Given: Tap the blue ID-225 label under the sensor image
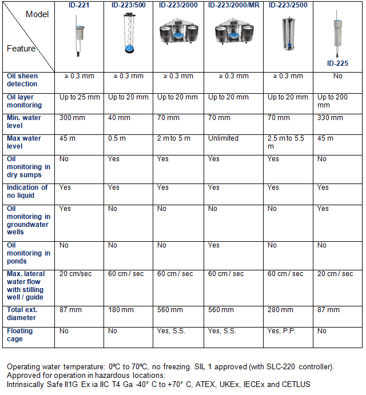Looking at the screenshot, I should click(337, 63).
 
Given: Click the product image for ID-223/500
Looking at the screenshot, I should click(128, 34).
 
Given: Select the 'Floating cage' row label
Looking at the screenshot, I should click(20, 335).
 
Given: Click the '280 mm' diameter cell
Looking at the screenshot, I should click(279, 310).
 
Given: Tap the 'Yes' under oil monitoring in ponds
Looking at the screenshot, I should click(214, 245).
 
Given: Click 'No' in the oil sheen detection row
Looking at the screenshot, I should click(337, 76).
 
